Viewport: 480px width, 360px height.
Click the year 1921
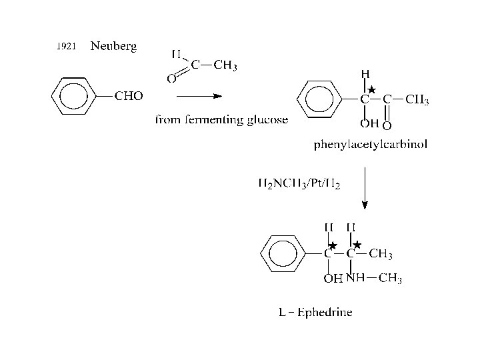click(x=67, y=46)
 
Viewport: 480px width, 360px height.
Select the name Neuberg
click(x=113, y=45)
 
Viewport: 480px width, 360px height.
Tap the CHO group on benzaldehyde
click(x=129, y=96)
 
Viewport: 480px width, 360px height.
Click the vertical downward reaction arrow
click(x=364, y=187)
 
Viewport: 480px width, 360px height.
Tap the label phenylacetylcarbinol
click(x=371, y=143)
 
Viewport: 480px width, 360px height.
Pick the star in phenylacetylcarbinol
click(x=372, y=89)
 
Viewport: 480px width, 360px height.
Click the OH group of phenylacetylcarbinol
click(x=369, y=123)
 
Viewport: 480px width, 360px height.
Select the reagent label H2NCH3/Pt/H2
click(x=299, y=183)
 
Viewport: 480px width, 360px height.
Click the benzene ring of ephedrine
click(x=282, y=253)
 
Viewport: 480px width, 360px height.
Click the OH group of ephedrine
click(x=333, y=279)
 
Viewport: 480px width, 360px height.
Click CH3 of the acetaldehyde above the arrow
click(x=225, y=65)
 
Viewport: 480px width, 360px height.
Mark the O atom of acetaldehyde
click(x=171, y=79)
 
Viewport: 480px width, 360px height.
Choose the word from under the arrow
click(x=167, y=120)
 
